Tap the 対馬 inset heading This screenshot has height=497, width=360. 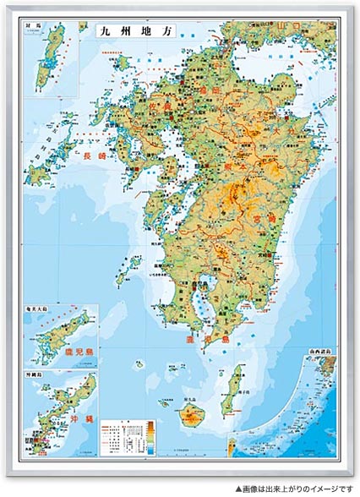click(35, 27)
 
